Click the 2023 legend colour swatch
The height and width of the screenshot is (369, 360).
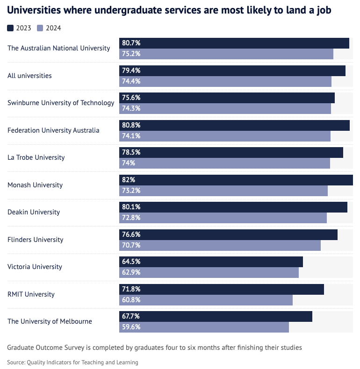[x=10, y=28]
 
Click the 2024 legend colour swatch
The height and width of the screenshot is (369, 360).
[x=40, y=28]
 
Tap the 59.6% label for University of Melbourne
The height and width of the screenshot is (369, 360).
[x=131, y=327]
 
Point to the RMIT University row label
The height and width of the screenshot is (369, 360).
[x=31, y=294]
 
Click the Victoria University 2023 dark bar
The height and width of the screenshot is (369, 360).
[x=211, y=262]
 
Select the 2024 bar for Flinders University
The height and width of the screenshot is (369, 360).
[x=220, y=245]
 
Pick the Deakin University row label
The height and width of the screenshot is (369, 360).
[x=34, y=212]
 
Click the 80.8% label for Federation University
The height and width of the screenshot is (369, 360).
[x=131, y=125]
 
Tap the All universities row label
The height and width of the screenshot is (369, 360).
[x=29, y=76]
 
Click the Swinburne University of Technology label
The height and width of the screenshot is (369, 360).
[x=61, y=103]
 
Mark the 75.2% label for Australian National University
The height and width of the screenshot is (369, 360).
[x=131, y=54]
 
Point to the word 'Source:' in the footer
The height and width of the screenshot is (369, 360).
[x=16, y=362]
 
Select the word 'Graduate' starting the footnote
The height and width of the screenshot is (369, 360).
[x=22, y=348]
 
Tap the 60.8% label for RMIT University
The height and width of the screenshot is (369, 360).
[x=131, y=300]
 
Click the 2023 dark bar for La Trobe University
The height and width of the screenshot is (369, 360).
[x=231, y=152]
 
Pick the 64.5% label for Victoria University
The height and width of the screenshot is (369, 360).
[x=131, y=262]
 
